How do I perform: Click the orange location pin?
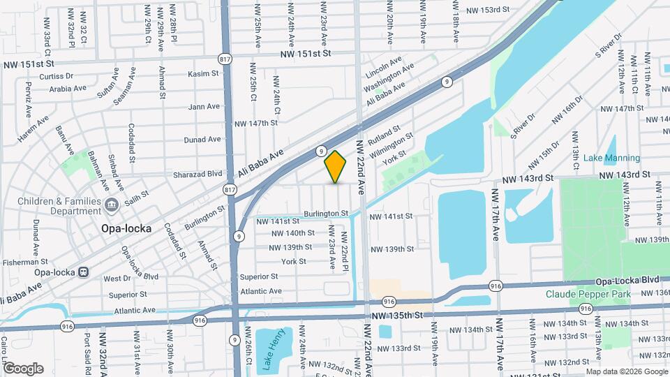(336, 166)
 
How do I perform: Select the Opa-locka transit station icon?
(83, 272)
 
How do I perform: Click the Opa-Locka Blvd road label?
(627, 280)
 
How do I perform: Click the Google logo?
(22, 369)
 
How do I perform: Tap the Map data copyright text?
(626, 371)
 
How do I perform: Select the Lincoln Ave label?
(382, 68)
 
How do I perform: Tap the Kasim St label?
(203, 73)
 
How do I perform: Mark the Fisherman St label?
(23, 263)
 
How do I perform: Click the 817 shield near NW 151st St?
(225, 59)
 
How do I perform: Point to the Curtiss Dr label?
(57, 76)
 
